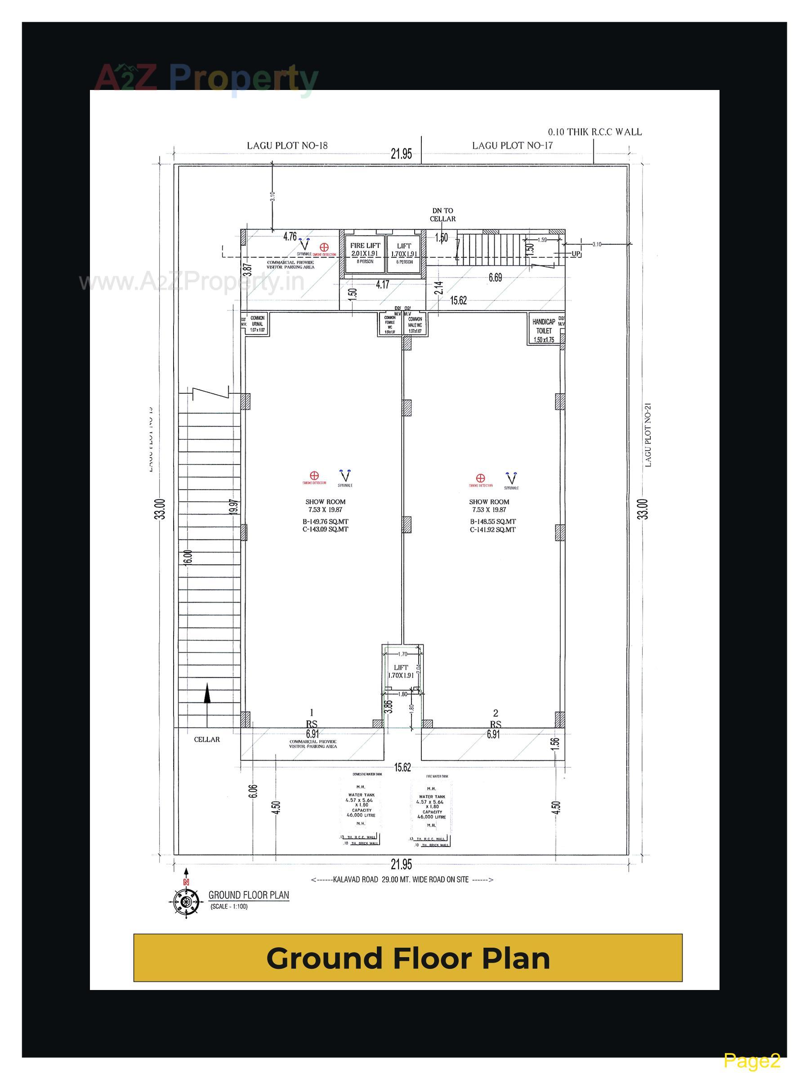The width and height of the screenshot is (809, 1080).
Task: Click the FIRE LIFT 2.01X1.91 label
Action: tap(365, 249)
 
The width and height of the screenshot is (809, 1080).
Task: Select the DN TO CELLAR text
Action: tap(442, 215)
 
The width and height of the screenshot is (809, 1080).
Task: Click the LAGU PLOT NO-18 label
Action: tap(287, 145)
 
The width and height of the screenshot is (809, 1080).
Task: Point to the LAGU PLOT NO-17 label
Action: tap(512, 145)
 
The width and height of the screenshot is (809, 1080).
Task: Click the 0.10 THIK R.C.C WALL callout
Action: tap(594, 132)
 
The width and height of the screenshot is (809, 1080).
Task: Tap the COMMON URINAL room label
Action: tap(257, 323)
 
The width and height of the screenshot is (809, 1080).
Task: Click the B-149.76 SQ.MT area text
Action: tap(325, 522)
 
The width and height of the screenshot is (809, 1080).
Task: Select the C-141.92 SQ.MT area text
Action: tap(492, 529)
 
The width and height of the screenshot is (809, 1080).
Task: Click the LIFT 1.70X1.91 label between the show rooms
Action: tap(401, 671)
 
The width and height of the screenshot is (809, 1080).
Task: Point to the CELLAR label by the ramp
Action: tap(207, 739)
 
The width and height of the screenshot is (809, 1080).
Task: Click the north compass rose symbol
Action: tap(185, 902)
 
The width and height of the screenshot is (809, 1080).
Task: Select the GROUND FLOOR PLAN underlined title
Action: tap(248, 895)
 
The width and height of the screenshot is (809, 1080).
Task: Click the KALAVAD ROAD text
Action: tap(355, 879)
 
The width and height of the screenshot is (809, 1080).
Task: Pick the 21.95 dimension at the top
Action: tap(401, 154)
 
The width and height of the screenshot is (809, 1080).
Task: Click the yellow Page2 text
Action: tap(751, 1060)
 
